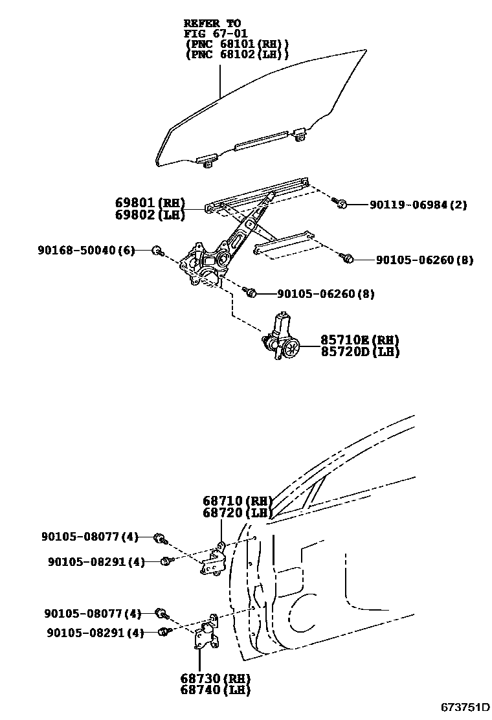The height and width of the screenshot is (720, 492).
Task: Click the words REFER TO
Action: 212,23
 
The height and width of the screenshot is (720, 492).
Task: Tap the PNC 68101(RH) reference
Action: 237,44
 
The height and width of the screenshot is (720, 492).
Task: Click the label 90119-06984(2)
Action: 418,205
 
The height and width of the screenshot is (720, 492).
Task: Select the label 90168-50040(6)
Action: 85,251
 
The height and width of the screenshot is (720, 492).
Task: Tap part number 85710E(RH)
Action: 359,341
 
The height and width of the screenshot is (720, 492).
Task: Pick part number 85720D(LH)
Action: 359,352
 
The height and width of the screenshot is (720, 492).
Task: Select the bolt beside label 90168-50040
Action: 157,251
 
